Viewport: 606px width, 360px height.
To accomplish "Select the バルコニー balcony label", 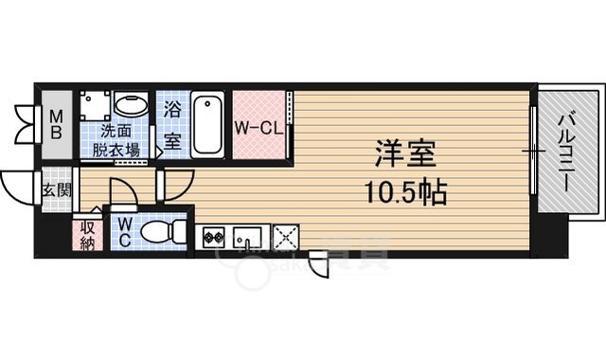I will pos(565,151).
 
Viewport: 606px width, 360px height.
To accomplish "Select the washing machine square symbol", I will pos(94,103).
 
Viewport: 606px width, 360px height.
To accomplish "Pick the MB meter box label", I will pos(56,124).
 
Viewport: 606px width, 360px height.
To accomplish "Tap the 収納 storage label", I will pos(87,234).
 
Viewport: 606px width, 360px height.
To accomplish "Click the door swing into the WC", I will pos(125,195).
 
